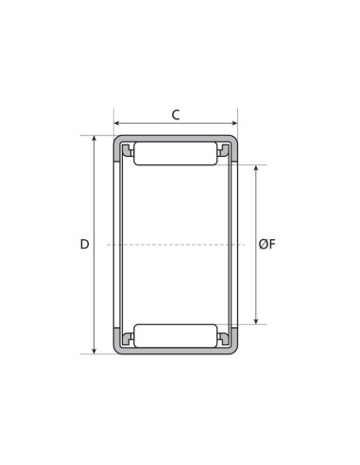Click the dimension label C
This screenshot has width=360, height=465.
176,115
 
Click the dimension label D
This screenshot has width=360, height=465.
84,244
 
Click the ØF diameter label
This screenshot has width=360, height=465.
267,244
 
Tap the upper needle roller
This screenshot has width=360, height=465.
176,153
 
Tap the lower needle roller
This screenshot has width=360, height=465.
176,336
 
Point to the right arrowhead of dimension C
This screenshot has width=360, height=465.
234,123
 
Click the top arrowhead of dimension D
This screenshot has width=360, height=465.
94,139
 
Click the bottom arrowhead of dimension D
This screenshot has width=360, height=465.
94,351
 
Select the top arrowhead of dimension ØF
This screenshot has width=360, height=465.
256,168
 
